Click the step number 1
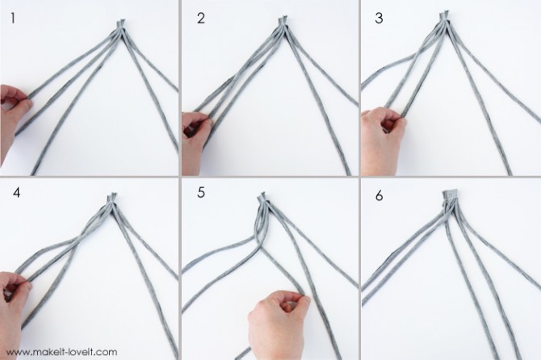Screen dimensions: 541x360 (13, 19)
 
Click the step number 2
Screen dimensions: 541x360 (201, 19)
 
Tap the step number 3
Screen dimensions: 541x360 (379, 19)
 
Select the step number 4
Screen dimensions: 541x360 (17, 192)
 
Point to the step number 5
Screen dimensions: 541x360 (201, 192)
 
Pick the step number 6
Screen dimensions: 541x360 (380, 195)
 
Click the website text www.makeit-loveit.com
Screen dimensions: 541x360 (61, 352)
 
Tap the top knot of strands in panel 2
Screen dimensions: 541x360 (283, 23)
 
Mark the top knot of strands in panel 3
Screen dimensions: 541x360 (444, 19)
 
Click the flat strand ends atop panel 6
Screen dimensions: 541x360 (450, 194)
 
